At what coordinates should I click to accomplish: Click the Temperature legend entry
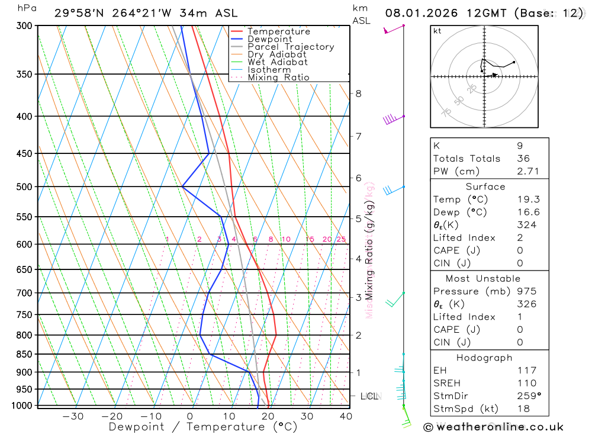coord(278,31)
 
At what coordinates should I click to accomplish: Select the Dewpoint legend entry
coord(270,39)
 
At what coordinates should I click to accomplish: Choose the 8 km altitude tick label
coord(358,94)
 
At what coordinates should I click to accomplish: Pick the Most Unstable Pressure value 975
coord(526,291)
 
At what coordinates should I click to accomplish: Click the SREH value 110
coord(526,383)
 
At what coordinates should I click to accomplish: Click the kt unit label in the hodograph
coord(437,31)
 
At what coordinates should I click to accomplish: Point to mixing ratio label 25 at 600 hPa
coord(341,239)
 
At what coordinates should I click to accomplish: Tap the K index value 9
coord(519,146)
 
